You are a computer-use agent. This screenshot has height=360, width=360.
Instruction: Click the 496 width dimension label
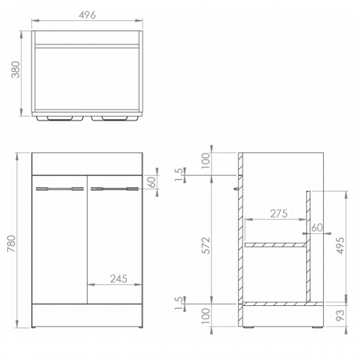[87, 15]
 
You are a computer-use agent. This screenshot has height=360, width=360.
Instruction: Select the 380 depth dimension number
[16, 70]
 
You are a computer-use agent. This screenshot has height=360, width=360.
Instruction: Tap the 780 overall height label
[12, 243]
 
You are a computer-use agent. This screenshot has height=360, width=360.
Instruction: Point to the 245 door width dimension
[119, 279]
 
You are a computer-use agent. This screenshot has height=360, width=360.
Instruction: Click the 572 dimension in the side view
[206, 246]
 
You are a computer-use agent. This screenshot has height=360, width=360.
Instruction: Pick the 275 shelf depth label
[279, 214]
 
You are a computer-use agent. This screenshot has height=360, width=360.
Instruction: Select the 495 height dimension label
[340, 246]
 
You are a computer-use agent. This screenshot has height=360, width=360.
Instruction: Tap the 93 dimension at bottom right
[340, 315]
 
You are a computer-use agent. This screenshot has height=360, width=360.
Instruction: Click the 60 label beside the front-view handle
[151, 182]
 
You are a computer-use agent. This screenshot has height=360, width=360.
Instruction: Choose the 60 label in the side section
[317, 228]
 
